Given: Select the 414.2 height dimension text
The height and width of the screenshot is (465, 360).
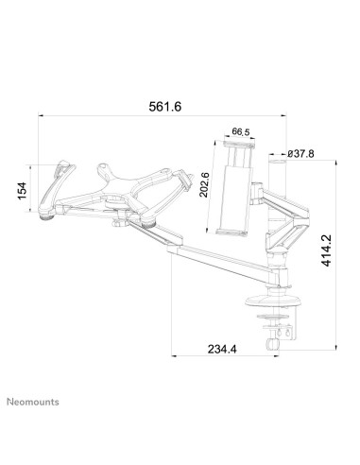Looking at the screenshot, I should pos(326,252).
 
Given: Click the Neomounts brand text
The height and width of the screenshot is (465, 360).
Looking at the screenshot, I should pos(37,400).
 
